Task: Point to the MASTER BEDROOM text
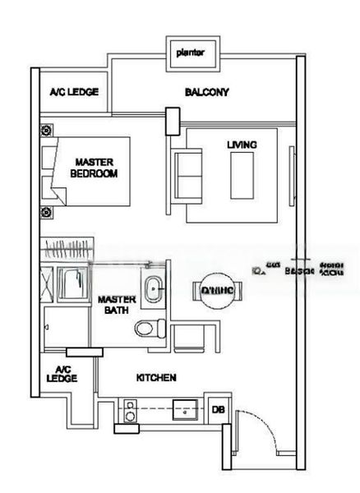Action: [92, 168]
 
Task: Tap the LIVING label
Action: [242, 145]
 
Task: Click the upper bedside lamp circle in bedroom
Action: [45, 129]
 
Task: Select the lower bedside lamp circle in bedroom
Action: [45, 212]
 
